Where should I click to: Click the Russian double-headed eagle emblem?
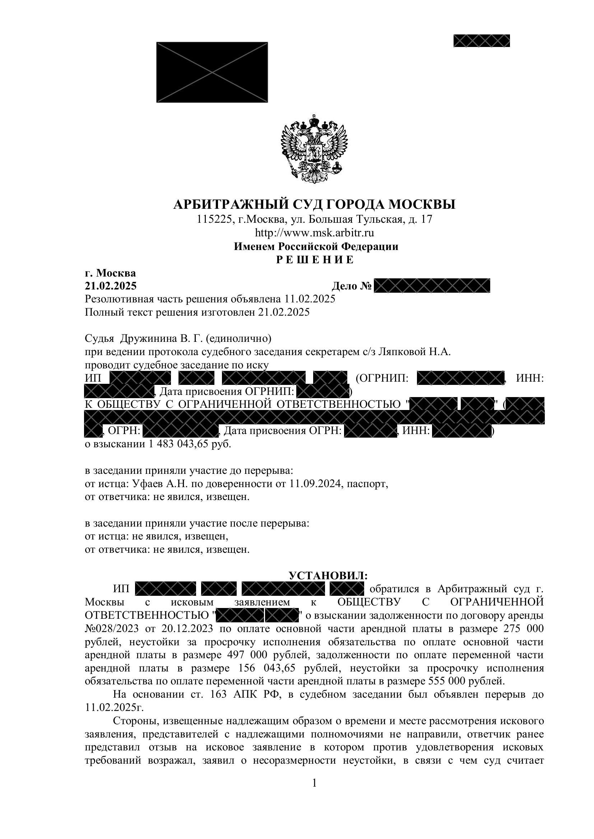[314, 149]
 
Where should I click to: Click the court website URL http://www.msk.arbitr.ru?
[314, 233]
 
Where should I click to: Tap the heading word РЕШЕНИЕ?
[314, 260]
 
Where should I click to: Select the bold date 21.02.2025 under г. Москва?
[111, 286]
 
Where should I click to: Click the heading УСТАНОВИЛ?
[328, 576]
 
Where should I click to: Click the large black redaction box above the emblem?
[212, 72]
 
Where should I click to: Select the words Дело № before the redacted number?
[352, 286]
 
